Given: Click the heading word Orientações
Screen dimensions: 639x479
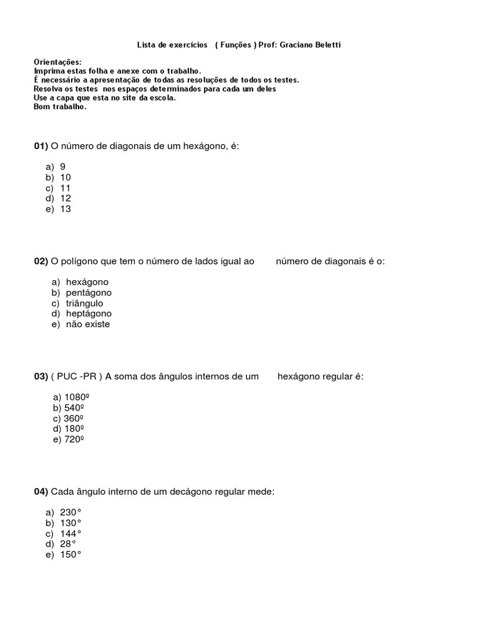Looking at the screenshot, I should (57, 62).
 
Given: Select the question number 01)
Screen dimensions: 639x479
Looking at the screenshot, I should (41, 146).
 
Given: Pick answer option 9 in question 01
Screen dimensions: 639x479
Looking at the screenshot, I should (63, 167).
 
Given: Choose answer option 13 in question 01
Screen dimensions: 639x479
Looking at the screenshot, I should (65, 209).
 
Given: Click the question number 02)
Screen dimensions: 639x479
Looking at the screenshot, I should (41, 261).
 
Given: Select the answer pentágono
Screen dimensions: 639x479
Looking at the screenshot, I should (89, 293).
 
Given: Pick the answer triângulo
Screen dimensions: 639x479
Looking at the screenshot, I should (85, 303).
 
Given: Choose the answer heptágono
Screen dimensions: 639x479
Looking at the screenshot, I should (89, 314).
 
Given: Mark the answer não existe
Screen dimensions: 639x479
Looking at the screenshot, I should (88, 324).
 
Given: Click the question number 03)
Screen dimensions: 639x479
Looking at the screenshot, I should (41, 377).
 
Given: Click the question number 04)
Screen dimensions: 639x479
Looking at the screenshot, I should (41, 492).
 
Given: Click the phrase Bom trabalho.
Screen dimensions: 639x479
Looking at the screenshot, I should (60, 107).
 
